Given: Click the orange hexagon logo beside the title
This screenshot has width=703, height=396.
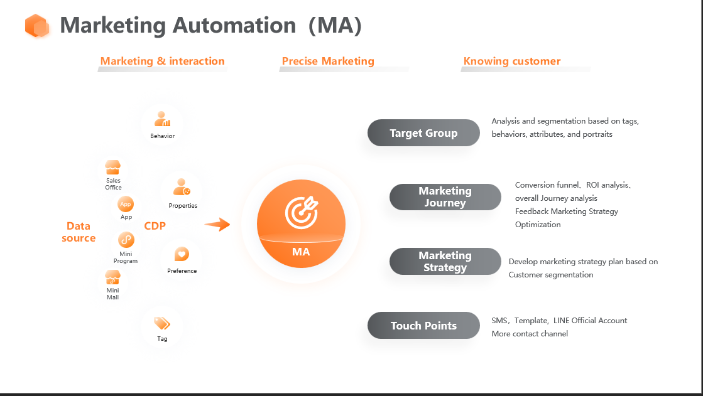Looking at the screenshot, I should (37, 26).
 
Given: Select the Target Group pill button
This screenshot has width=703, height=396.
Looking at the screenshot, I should (423, 133).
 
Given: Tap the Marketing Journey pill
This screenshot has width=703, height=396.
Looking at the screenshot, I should (445, 197).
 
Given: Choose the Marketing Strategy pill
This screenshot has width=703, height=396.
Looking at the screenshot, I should (445, 262).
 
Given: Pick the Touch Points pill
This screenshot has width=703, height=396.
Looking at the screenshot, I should (423, 326).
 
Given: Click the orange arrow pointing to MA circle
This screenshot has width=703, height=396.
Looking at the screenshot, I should (217, 224).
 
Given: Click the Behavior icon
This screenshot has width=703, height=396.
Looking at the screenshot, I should (163, 119).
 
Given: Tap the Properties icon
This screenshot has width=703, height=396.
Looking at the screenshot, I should (182, 187).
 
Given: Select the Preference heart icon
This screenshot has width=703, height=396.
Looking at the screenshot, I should (182, 254).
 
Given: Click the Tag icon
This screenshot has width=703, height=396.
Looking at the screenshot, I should (162, 323).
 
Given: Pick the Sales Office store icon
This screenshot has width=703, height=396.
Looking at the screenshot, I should (113, 168).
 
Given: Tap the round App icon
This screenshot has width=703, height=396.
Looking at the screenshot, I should (126, 204).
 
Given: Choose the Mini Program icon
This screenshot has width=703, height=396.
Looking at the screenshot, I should (126, 240).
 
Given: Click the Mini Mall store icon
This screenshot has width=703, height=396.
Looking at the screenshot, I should (112, 277).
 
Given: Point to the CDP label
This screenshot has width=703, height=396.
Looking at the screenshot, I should (155, 226).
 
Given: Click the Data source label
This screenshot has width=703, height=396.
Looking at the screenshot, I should (79, 232).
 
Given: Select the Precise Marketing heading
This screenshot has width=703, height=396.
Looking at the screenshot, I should (328, 62).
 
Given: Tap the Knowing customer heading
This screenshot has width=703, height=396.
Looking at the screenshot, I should (512, 62).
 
